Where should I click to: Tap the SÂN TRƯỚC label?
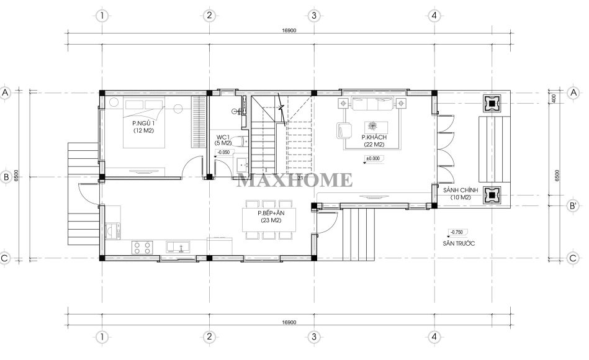[x=459, y=243]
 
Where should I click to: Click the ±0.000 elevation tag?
[x=373, y=158]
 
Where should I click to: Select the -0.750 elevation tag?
[x=457, y=232]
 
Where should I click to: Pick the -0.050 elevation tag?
[x=224, y=152]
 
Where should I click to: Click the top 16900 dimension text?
[x=289, y=30]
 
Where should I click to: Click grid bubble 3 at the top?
[x=313, y=16]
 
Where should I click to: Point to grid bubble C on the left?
[x=5, y=259]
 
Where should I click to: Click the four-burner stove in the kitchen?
[x=142, y=247]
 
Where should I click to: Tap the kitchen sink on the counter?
[x=178, y=247]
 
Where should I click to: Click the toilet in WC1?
[x=238, y=142]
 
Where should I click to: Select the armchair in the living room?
[x=344, y=131]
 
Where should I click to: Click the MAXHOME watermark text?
[x=295, y=181]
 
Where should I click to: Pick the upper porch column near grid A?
[x=492, y=104]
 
